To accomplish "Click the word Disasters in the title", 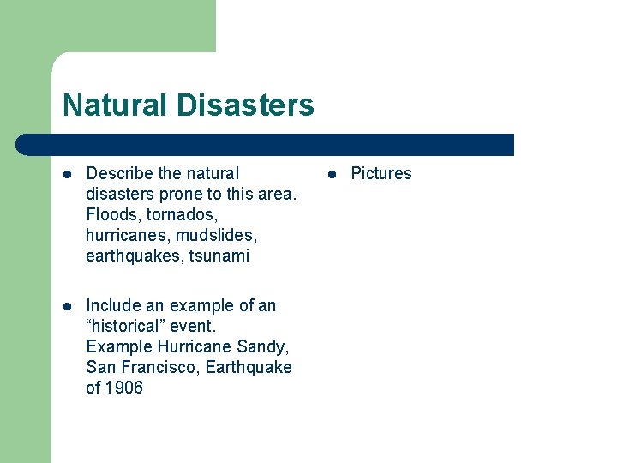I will pos(246,105).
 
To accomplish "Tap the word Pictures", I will pos(381,173).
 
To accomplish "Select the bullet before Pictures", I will pos(332,174).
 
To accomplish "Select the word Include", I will pos(114,305).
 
